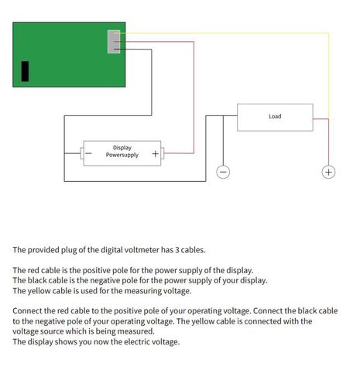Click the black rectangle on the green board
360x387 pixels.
25,71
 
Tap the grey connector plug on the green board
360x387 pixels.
114,42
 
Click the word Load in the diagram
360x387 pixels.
275,116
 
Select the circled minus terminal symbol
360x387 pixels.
223,172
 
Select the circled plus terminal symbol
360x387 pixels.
328,172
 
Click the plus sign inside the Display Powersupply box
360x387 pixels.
156,154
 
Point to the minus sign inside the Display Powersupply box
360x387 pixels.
88,153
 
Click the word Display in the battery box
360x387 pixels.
122,148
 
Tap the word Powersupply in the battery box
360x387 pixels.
122,155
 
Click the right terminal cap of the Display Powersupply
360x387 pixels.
163,153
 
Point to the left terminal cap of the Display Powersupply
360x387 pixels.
82,153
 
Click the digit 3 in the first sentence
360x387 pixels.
177,250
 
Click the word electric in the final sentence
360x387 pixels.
136,341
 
